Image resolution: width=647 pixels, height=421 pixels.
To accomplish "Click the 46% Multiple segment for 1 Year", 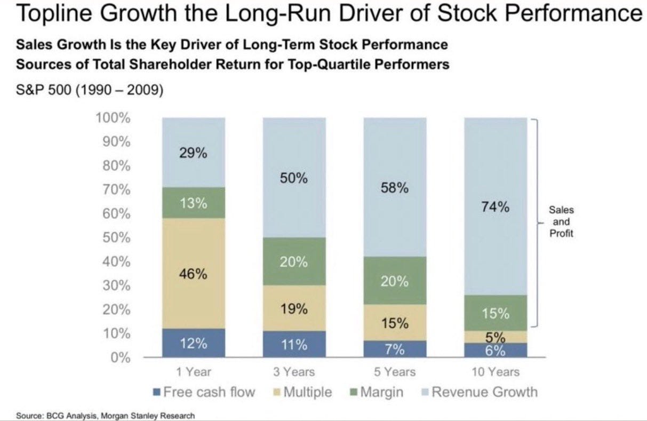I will click(193, 273).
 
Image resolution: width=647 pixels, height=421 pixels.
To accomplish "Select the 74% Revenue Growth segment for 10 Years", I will click(496, 207).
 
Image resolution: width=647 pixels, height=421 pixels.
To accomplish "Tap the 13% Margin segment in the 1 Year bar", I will click(193, 203).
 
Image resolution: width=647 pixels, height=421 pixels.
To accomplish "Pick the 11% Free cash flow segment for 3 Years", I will click(294, 344).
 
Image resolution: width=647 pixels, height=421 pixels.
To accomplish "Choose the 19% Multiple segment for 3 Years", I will click(294, 308).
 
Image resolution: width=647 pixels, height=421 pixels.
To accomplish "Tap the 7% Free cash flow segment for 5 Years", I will click(395, 349).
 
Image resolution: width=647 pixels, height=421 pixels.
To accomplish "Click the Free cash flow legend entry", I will click(204, 392).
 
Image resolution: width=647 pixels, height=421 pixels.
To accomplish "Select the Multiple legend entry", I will click(302, 392).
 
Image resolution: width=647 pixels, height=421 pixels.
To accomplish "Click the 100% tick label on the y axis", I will click(113, 118).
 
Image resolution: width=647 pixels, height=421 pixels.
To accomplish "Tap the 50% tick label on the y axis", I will click(116, 237).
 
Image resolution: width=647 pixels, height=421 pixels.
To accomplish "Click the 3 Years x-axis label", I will click(294, 371).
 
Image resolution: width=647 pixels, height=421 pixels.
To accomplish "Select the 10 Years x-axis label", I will click(496, 371).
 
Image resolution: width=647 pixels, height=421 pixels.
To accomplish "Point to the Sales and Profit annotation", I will click(561, 222).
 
